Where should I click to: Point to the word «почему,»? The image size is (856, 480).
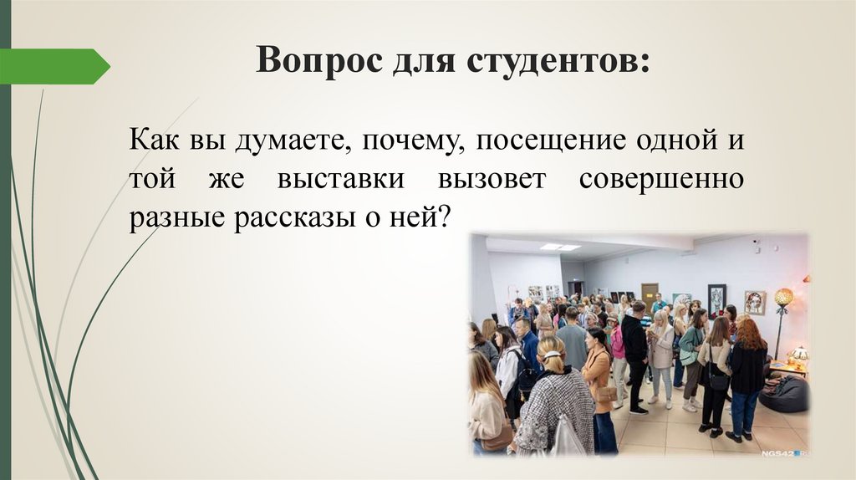pos(415,140)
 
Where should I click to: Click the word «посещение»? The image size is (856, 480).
pos(552,140)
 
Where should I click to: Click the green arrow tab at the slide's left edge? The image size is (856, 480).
pos(54,67)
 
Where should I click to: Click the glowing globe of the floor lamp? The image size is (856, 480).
pos(783,297)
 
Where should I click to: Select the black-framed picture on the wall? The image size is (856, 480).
pos(716,299)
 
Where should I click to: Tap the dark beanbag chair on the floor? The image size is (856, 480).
pos(784,394)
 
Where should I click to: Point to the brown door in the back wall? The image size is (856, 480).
pos(650,293)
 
